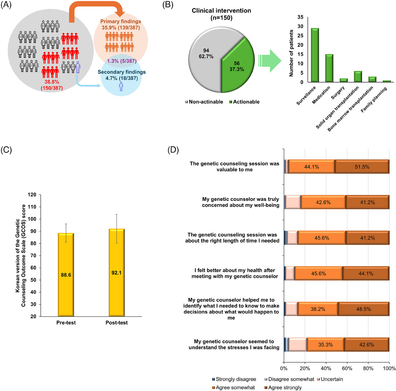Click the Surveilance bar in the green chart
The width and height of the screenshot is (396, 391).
coord(315,55)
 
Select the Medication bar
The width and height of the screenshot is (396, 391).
coord(329,68)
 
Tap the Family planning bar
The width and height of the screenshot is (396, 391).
coord(387,81)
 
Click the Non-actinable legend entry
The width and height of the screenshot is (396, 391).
coord(204,102)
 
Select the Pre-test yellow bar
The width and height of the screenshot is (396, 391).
coord(66,275)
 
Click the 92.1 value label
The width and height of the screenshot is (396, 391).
coord(116,273)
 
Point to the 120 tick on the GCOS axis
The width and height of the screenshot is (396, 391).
coord(32,195)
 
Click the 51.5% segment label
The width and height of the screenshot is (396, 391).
coord(362,167)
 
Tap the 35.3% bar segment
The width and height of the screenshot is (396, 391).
coord(326,345)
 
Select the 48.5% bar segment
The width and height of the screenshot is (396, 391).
coord(363,309)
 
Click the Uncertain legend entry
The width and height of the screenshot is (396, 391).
coord(330,379)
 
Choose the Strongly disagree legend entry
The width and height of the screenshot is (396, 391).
coord(234,379)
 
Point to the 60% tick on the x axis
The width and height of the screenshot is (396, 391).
coord(347,368)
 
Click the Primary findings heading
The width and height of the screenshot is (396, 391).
coord(120,22)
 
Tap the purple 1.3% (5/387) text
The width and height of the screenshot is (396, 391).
coord(122,61)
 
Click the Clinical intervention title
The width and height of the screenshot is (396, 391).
coord(221,14)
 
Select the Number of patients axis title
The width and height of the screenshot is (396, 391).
coord(291,53)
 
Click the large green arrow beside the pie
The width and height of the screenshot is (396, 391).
coord(270,61)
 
